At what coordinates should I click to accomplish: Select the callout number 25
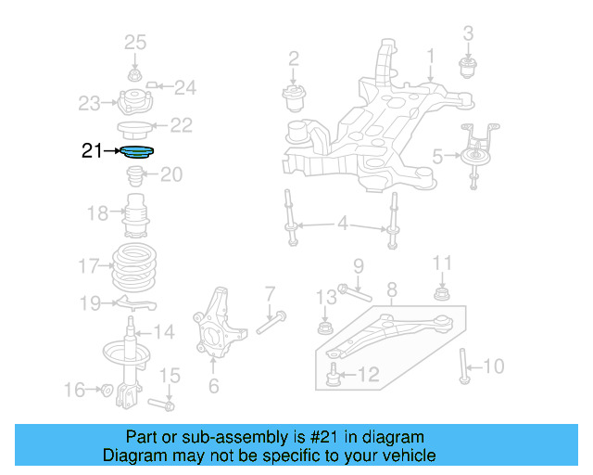(x=135, y=42)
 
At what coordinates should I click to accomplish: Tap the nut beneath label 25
(x=135, y=75)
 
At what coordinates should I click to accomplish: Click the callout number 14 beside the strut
(x=163, y=332)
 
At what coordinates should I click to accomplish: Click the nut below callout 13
(x=325, y=327)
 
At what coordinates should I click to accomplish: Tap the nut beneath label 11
(x=442, y=295)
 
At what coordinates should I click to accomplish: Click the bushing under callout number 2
(x=294, y=96)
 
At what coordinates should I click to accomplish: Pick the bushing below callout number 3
(x=468, y=66)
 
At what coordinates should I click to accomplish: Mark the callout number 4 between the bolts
(x=342, y=224)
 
